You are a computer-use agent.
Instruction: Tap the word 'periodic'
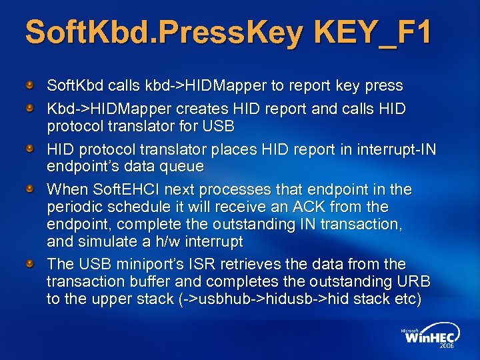(x=73, y=207)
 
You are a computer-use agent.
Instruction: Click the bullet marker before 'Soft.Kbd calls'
(x=31, y=85)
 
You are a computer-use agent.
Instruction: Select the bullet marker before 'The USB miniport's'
(x=31, y=264)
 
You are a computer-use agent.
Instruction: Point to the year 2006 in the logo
(x=445, y=347)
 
